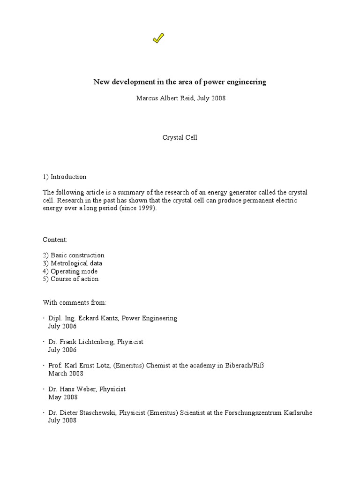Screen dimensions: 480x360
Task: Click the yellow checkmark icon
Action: click(x=158, y=39)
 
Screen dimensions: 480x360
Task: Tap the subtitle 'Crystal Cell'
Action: click(x=180, y=138)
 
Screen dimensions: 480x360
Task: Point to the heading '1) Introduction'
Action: click(x=65, y=177)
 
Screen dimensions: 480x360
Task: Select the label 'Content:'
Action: click(x=55, y=240)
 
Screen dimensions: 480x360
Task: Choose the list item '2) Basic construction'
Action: click(x=74, y=255)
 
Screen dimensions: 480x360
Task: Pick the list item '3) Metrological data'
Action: click(x=73, y=263)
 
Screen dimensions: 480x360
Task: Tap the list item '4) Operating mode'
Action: click(x=70, y=271)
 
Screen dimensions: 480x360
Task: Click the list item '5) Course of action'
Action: click(x=71, y=279)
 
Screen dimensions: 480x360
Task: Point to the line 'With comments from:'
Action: click(x=75, y=302)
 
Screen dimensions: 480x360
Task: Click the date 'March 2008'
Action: click(x=66, y=374)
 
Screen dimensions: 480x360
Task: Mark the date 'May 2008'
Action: click(x=63, y=397)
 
